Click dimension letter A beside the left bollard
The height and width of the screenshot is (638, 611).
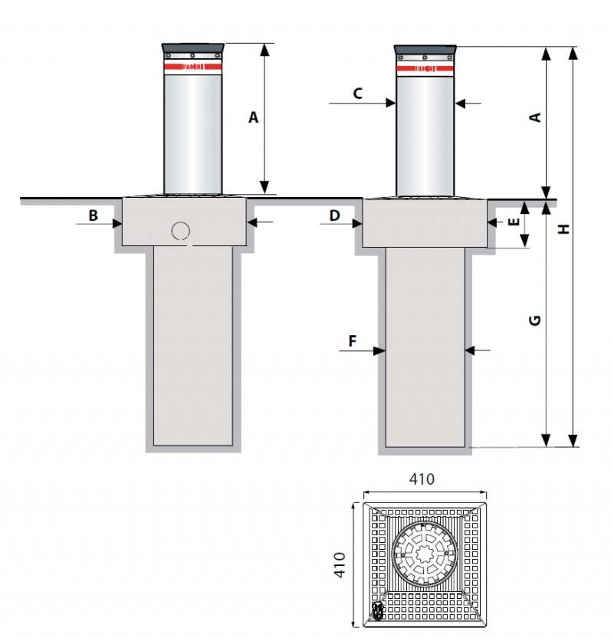(x=254, y=117)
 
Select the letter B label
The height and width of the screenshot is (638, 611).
(x=93, y=215)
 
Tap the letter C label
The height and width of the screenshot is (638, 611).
(x=357, y=94)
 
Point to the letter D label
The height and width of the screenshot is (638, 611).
(x=334, y=215)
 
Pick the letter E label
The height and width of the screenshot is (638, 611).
(x=514, y=222)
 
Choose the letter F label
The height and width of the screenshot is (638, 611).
(x=353, y=341)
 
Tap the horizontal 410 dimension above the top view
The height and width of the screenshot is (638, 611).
(x=422, y=479)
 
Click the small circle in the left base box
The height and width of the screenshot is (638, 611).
(x=181, y=230)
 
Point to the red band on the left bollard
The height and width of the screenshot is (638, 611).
(x=192, y=67)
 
